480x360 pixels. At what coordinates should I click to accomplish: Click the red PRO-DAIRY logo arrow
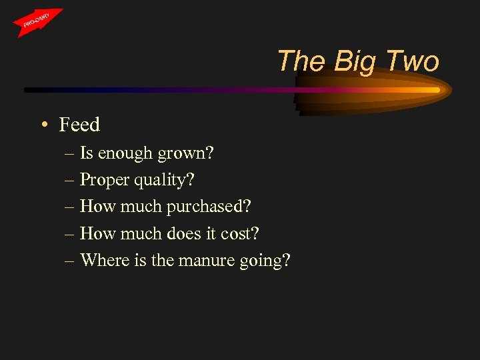[x=39, y=22]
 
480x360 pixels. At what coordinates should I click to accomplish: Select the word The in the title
[x=302, y=62]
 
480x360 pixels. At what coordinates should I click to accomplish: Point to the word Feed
[x=79, y=125]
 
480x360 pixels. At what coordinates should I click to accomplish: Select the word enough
[x=126, y=154]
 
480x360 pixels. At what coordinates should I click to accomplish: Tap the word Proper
[x=103, y=180]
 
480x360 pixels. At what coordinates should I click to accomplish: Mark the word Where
[x=101, y=260]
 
